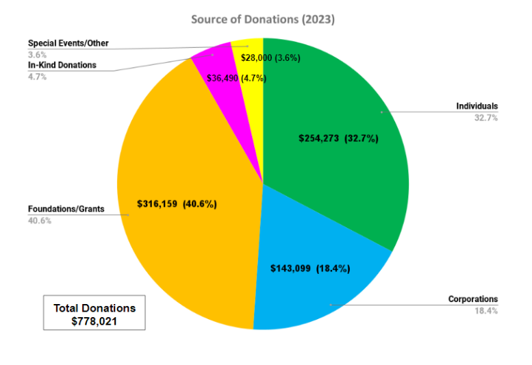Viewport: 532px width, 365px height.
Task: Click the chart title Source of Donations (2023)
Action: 263,20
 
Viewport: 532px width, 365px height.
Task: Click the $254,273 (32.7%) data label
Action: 338,138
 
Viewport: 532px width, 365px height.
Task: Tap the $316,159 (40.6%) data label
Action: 177,203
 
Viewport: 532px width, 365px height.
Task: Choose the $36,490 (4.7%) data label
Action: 236,78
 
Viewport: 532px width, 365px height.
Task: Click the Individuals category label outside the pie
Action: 477,106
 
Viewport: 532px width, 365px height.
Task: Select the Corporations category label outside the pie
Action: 473,299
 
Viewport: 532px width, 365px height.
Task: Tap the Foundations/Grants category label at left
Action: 66,208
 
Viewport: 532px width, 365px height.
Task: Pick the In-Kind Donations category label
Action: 62,65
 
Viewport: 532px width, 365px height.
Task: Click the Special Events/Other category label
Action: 68,43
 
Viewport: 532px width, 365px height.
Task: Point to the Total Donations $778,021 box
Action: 94,314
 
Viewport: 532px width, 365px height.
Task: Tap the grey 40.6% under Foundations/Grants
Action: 39,220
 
